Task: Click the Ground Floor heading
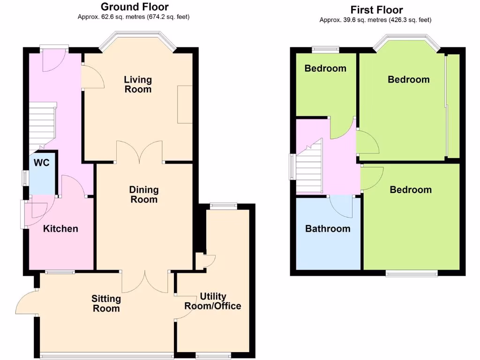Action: tap(135, 7)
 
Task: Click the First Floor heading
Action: tap(376, 10)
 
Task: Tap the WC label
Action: tap(42, 163)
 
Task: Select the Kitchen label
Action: tap(60, 229)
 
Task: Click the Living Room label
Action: tap(138, 84)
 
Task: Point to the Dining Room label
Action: tap(144, 195)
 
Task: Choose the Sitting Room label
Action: tap(106, 303)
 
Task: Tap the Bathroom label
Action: tap(328, 229)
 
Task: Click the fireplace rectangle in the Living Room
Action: tap(185, 105)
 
